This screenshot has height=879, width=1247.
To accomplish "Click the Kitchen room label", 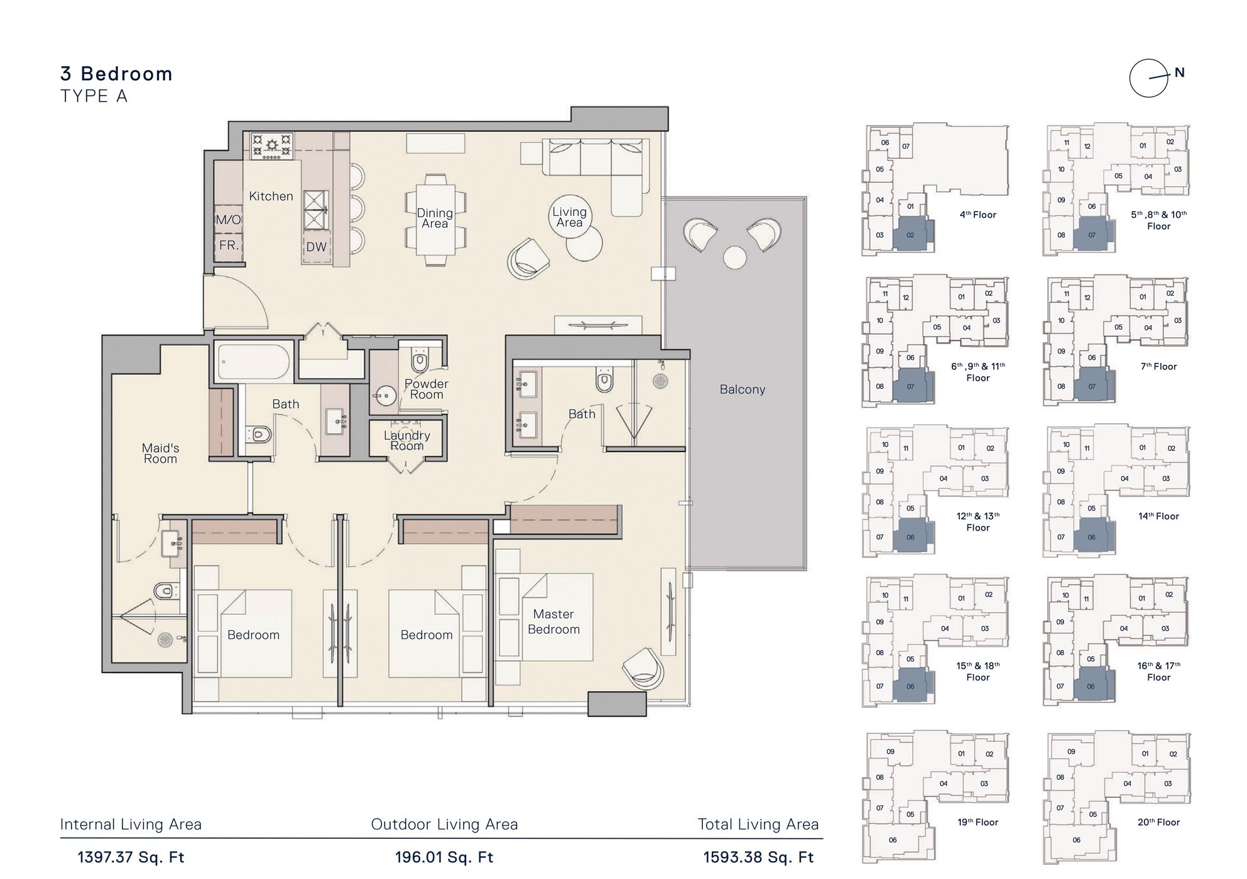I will (271, 197).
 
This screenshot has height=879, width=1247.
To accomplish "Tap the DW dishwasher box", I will (317, 247).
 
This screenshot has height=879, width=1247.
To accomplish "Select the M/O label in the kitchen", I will (228, 220).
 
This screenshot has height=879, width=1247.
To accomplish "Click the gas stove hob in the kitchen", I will (272, 146).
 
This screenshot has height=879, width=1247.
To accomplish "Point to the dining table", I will (435, 219).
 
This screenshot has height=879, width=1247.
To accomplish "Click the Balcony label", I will (742, 389).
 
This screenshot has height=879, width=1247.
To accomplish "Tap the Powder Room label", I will (426, 389).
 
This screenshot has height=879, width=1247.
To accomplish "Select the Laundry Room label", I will (406, 440).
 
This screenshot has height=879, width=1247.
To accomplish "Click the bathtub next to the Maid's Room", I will (253, 362).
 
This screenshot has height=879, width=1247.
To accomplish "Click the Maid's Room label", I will (160, 453).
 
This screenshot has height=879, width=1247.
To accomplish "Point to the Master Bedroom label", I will (553, 622).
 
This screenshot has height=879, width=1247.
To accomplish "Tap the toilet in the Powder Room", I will (419, 362).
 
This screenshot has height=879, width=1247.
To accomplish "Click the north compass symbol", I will (1149, 78).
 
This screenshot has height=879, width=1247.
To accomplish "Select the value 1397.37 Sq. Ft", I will (131, 858).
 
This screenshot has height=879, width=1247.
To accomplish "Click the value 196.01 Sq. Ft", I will (444, 858).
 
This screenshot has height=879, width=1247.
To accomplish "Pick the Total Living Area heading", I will (758, 824).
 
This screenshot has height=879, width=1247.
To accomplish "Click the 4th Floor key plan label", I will (977, 215).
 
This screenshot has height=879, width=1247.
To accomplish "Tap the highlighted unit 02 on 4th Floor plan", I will (910, 235).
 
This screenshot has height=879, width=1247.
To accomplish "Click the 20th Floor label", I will (1158, 822).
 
